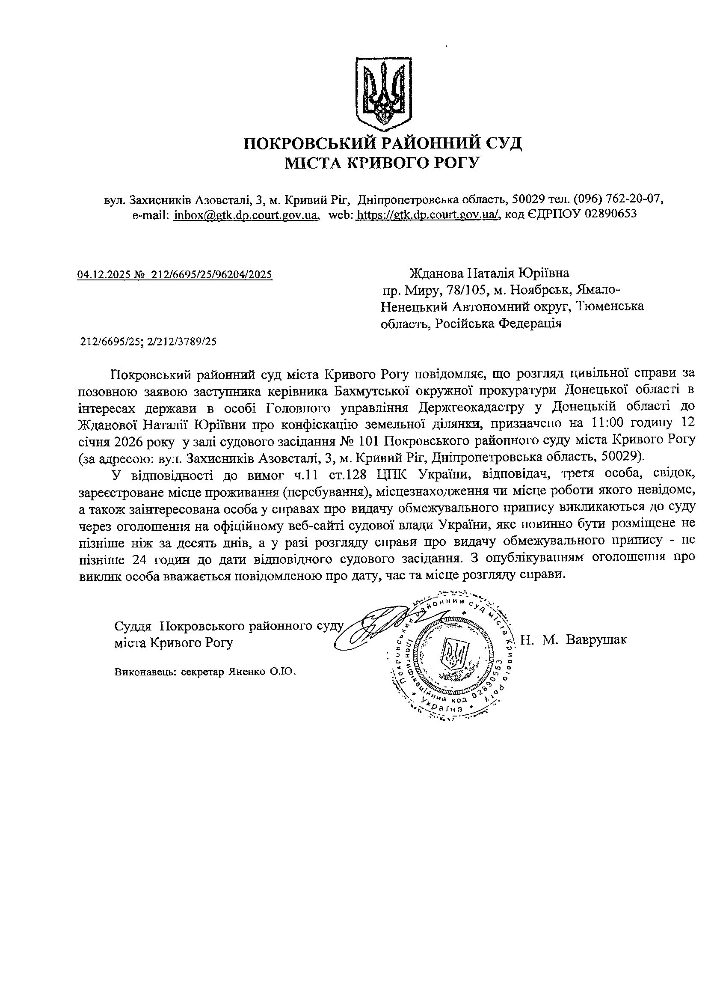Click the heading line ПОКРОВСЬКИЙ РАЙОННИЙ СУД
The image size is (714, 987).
(x=382, y=143)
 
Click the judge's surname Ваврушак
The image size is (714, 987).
(x=596, y=639)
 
